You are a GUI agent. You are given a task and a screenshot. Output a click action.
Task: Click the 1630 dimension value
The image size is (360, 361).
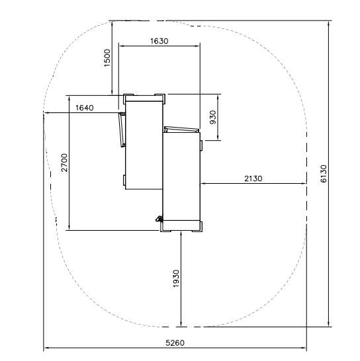click(159, 41)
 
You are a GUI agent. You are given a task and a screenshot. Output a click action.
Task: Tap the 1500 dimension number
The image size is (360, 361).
click(107, 58)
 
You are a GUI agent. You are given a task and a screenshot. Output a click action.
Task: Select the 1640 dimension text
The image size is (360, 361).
click(85, 108)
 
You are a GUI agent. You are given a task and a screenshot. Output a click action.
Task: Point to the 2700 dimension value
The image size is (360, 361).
click(65, 163)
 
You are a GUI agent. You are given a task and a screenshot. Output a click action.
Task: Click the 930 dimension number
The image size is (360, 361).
click(213, 117)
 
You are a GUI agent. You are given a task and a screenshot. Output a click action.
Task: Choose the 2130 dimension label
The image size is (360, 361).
click(253, 179)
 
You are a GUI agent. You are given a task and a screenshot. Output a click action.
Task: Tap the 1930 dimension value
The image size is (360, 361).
click(176, 278)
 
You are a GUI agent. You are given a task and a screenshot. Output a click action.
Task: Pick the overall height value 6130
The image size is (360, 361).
click(324, 174)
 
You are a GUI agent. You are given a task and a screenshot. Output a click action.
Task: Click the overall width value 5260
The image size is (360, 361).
click(175, 343)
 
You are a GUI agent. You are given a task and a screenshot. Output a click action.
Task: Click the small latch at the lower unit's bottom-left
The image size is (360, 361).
click(159, 218)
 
